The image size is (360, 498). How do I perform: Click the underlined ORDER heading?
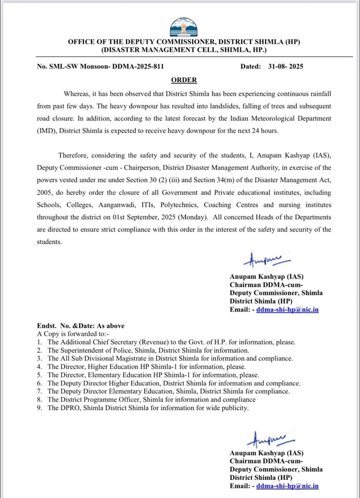(x=184, y=80)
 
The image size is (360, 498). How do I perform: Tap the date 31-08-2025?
(x=285, y=66)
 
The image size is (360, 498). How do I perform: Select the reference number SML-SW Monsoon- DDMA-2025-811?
(x=107, y=66)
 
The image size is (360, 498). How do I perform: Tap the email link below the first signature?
(x=287, y=310)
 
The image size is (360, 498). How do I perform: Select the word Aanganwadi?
(x=116, y=205)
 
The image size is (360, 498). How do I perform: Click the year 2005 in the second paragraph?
(x=45, y=192)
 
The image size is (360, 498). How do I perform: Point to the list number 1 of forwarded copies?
(x=39, y=342)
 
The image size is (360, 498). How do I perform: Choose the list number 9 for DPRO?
(x=39, y=408)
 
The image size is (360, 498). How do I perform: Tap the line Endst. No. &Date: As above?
(x=81, y=326)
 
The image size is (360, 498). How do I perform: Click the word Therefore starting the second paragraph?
(x=73, y=155)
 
